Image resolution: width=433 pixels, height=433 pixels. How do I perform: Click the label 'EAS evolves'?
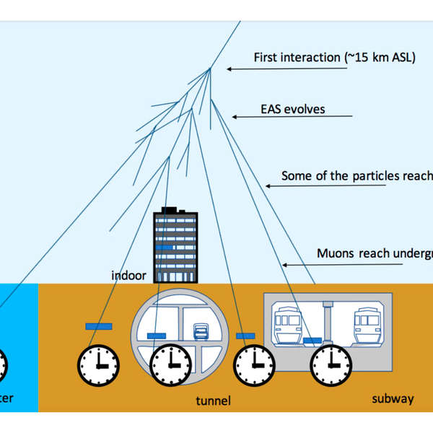click(293, 110)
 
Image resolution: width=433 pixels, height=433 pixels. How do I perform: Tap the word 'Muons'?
click(334, 253)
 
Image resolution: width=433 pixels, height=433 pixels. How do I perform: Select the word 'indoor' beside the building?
click(128, 275)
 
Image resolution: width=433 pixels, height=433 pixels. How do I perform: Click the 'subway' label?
click(392, 398)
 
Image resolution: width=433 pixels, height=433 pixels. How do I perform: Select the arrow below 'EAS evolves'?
click(292, 116)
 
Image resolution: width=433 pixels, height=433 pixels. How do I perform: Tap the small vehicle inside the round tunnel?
click(202, 331)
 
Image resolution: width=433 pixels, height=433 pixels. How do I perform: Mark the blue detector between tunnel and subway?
click(246, 335)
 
